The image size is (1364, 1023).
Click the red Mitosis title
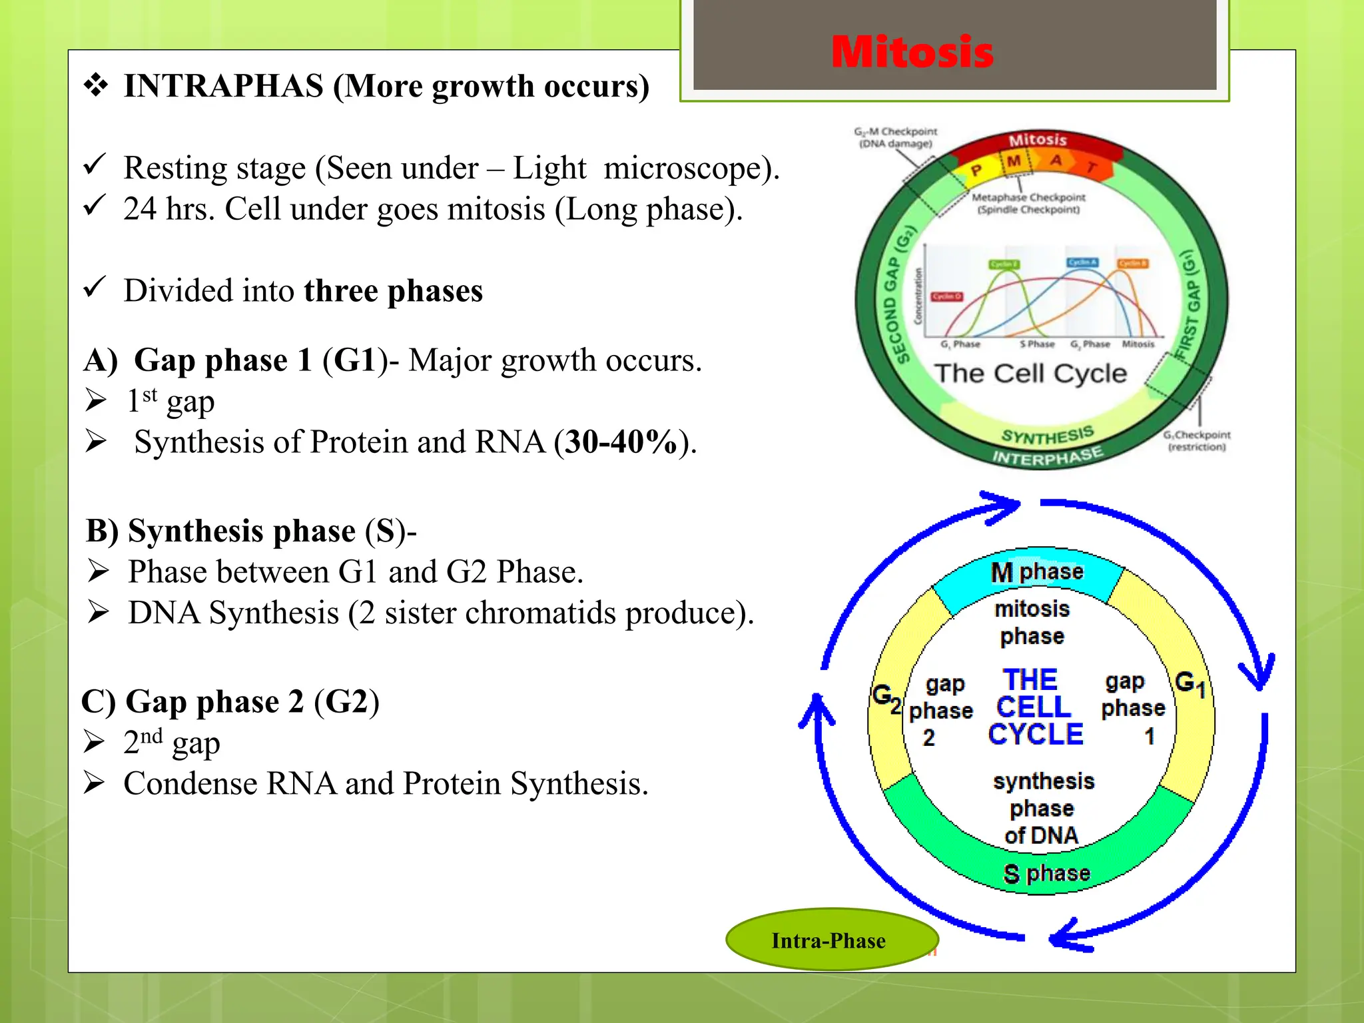(x=912, y=52)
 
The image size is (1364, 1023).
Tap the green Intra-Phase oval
(x=829, y=940)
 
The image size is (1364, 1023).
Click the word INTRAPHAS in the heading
(x=224, y=86)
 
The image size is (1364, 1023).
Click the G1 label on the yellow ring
(x=1190, y=684)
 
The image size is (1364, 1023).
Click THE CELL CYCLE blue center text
(x=1034, y=707)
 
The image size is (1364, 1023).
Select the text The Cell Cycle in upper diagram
(x=1030, y=373)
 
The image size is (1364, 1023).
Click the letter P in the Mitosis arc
(x=976, y=170)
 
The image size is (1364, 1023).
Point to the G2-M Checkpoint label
(x=895, y=137)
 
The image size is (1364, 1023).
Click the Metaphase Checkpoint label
(x=1028, y=203)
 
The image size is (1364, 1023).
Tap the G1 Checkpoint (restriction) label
(x=1196, y=440)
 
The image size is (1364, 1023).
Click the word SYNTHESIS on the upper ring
(x=1048, y=436)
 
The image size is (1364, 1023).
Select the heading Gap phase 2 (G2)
(x=230, y=701)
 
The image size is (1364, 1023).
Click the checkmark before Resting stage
(x=95, y=164)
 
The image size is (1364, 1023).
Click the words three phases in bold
(x=393, y=291)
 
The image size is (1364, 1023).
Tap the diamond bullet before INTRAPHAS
(x=96, y=85)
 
